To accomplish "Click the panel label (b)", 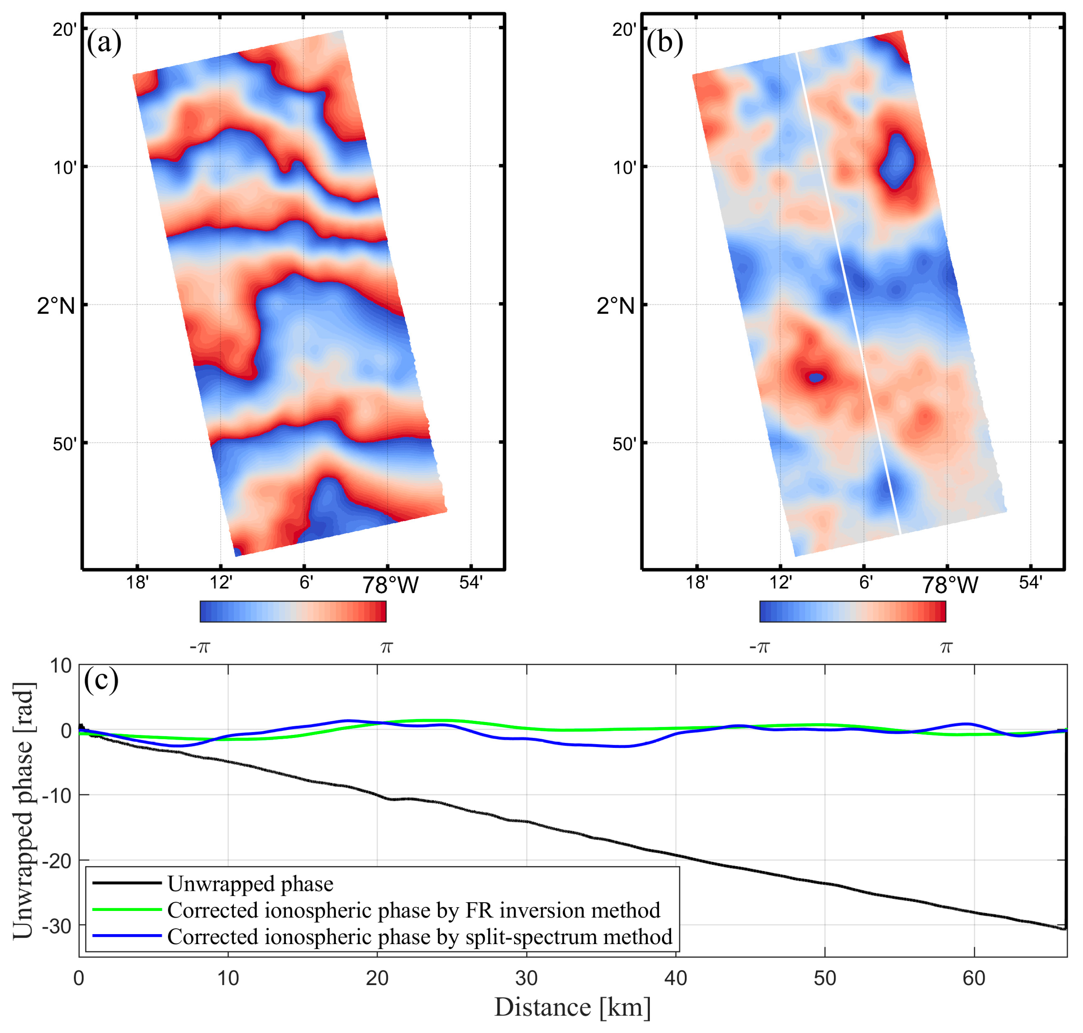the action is point(664,43).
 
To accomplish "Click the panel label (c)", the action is point(101,680).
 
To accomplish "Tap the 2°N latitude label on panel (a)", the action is point(56,305).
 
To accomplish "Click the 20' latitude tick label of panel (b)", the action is point(624,29).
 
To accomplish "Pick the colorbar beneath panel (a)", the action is point(293,611).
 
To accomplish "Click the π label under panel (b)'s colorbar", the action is point(946,647).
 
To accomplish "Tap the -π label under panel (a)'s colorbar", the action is point(200,647).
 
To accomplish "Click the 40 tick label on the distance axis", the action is point(676,978).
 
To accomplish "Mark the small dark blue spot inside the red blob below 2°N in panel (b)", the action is point(815,377).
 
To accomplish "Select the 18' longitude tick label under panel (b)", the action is point(697,582).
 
